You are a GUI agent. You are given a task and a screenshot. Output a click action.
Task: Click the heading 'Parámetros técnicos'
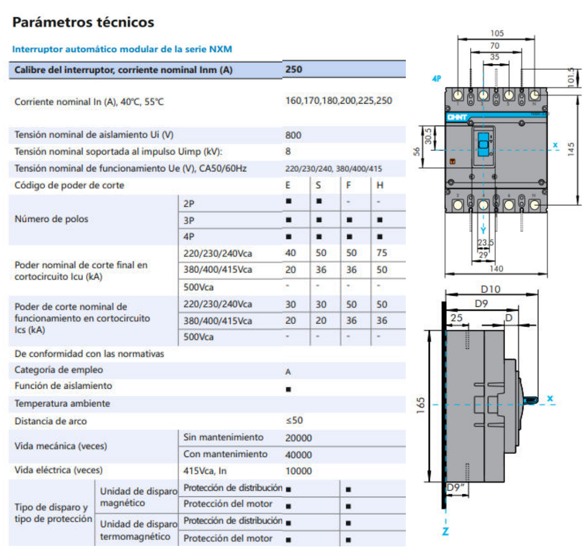pos(83,22)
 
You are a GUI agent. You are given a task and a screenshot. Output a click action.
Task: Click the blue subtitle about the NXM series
pos(122,49)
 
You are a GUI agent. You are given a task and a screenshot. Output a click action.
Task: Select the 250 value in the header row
pos(293,69)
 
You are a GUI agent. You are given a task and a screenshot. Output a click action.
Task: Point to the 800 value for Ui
pos(293,135)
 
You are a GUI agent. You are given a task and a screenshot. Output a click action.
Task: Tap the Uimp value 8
pos(288,151)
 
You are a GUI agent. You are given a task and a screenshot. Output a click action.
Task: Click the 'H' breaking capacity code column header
pos(380,185)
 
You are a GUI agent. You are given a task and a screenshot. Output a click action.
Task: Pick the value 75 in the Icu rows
pos(382,253)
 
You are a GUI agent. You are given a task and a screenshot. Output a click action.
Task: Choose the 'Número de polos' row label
pos(51,219)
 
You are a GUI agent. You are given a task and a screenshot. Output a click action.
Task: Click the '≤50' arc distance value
pos(294,420)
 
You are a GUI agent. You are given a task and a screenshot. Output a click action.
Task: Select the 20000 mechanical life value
pos(299,438)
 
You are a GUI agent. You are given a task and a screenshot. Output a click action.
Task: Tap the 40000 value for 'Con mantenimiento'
pos(299,454)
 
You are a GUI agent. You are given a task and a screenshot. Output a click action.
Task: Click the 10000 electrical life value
pos(299,471)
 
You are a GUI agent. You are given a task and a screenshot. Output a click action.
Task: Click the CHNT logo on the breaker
pos(456,117)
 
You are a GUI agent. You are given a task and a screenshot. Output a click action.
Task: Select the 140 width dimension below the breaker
pos(496,268)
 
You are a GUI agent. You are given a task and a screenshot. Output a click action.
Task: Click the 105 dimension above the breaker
pos(497,33)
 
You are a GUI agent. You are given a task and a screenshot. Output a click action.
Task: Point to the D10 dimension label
pos(490,289)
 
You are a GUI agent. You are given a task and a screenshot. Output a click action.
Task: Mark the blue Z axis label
pos(445,531)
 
